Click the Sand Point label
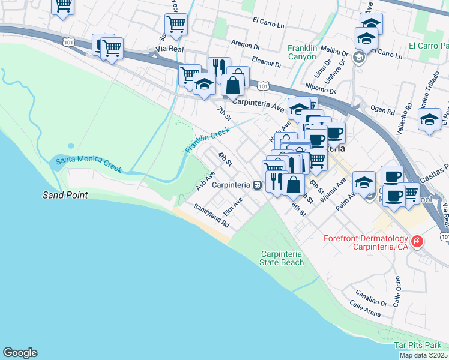click(65, 195)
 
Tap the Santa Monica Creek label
click(89, 164)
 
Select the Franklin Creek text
click(208, 139)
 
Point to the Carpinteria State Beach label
click(282, 258)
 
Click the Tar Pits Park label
click(417, 345)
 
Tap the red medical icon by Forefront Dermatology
click(417, 242)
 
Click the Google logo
click(20, 353)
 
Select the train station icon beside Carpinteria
click(256, 185)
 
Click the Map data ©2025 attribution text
click(424, 355)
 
